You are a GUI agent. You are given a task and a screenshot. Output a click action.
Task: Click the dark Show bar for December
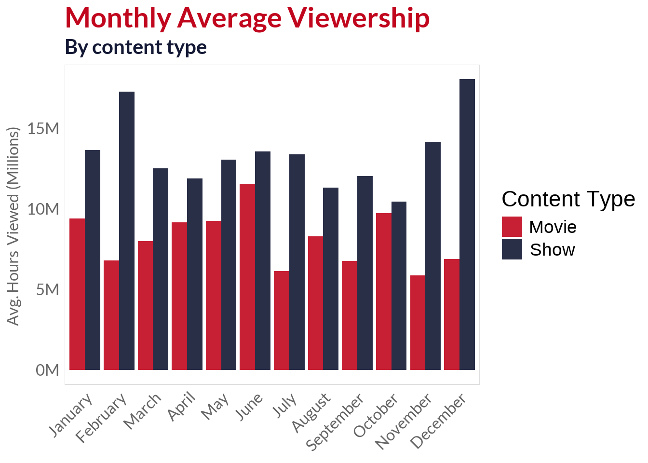pyautogui.click(x=467, y=224)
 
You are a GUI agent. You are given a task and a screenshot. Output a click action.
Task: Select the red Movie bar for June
pyautogui.click(x=247, y=277)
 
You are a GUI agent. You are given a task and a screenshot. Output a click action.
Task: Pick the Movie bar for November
pyautogui.click(x=418, y=323)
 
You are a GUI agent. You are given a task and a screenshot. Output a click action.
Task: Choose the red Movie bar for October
pyautogui.click(x=383, y=291)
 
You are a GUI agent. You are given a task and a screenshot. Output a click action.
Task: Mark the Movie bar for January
pyautogui.click(x=77, y=294)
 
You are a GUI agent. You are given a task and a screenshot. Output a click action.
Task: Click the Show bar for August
pyautogui.click(x=331, y=279)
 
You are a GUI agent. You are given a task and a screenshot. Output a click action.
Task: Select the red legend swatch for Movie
pyautogui.click(x=512, y=227)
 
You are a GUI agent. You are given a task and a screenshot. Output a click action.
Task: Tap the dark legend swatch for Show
pyautogui.click(x=512, y=249)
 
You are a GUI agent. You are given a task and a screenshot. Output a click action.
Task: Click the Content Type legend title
pyautogui.click(x=568, y=199)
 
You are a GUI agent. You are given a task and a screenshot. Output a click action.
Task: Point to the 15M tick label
pyautogui.click(x=43, y=129)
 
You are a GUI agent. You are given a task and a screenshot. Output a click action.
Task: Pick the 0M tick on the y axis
pyautogui.click(x=47, y=370)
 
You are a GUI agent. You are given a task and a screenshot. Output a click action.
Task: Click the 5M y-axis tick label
pyautogui.click(x=47, y=289)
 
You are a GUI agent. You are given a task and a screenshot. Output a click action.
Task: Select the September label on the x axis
pyautogui.click(x=336, y=422)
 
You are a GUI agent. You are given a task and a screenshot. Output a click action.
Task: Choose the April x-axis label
pyautogui.click(x=182, y=406)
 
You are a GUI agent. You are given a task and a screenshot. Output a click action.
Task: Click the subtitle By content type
pyautogui.click(x=136, y=47)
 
